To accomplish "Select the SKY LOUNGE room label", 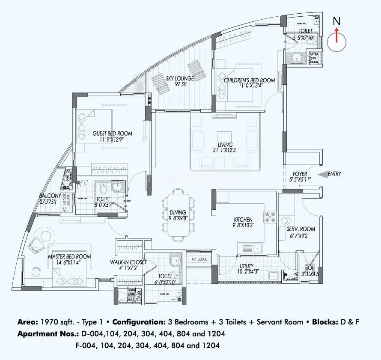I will pyautogui.click(x=180, y=78).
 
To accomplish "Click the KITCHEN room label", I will pyautogui.click(x=242, y=219).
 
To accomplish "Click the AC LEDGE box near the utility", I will pyautogui.click(x=199, y=259).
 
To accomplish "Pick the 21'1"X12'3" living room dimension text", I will pyautogui.click(x=224, y=150).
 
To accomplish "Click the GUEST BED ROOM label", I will pyautogui.click(x=112, y=134).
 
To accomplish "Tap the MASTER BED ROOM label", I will pyautogui.click(x=69, y=256).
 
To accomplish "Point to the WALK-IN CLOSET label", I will pyautogui.click(x=128, y=262).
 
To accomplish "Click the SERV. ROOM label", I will pyautogui.click(x=301, y=229).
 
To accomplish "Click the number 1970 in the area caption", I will pyautogui.click(x=49, y=322).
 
